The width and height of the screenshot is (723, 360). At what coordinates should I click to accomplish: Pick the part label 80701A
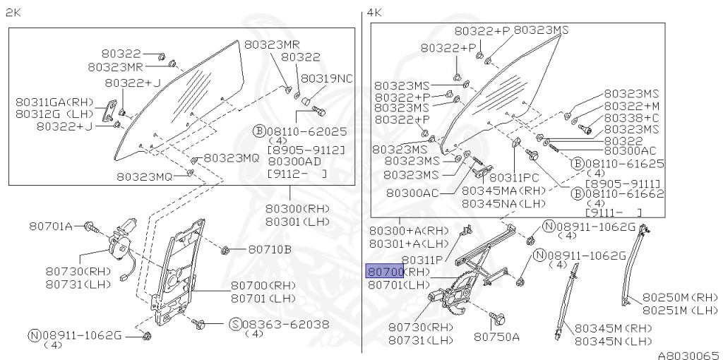[51, 226]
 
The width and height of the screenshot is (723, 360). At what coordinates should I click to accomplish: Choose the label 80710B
[269, 249]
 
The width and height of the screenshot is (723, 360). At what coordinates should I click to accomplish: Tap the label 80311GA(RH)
[48, 101]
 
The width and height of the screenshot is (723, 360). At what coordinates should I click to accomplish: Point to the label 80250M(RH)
[680, 297]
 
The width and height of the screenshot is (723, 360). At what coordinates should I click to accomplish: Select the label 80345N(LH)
[612, 340]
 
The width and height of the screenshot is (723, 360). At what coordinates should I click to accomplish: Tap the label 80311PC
[513, 178]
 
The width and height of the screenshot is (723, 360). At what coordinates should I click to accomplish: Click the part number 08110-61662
[624, 191]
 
